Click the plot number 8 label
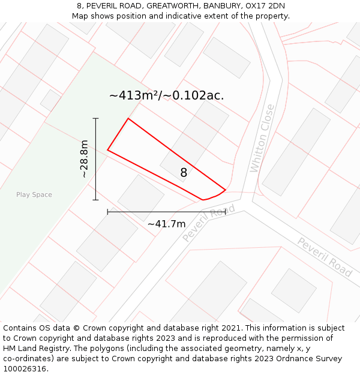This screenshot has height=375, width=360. [x=184, y=173]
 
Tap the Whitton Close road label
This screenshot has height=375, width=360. [x=263, y=138]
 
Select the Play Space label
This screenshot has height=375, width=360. [x=34, y=194]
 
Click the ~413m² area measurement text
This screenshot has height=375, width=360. [x=167, y=95]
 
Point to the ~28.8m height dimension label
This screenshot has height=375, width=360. [x=84, y=159]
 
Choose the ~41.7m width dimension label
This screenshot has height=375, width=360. [x=166, y=224]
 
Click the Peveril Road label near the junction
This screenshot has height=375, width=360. [x=208, y=223]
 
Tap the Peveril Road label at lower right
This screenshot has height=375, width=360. [x=325, y=257]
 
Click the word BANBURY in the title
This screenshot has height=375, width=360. [x=223, y=6]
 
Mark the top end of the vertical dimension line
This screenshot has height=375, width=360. [x=95, y=119]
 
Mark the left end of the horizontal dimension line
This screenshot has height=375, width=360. [x=107, y=212]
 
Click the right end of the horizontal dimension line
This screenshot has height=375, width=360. [x=226, y=212]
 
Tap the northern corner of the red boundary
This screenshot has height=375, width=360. [x=128, y=119]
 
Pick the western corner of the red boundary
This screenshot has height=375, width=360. [x=108, y=149]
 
